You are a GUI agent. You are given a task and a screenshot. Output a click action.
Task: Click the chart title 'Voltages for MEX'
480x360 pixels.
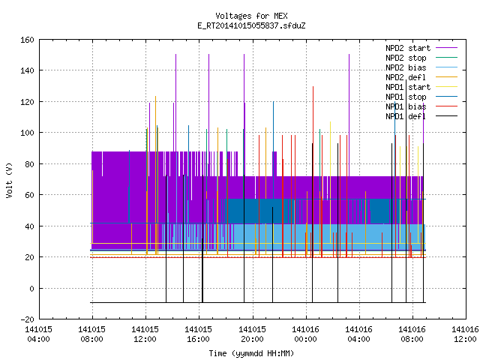point(251,16)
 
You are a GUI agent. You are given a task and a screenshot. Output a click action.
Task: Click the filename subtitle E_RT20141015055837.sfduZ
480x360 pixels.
point(251,25)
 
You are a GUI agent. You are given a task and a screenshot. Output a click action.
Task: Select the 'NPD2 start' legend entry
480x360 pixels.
point(421,48)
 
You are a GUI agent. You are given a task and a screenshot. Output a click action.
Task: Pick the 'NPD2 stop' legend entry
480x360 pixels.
point(421,58)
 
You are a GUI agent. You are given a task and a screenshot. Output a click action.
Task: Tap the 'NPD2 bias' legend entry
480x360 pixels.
point(421,67)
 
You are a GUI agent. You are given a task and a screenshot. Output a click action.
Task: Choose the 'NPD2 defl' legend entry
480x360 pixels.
point(421,77)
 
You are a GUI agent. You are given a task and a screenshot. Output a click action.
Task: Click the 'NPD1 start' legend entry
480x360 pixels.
point(421,87)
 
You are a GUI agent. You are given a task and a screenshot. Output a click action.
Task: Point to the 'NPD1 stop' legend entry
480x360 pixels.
point(421,97)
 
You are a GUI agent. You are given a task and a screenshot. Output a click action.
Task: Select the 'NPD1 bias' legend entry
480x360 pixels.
point(421,106)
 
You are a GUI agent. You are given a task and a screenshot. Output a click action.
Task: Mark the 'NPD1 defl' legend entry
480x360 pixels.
point(421,117)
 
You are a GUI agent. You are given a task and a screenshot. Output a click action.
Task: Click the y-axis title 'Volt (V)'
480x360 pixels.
point(9,180)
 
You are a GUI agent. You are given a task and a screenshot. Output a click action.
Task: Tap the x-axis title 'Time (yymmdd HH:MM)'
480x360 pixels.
point(251,353)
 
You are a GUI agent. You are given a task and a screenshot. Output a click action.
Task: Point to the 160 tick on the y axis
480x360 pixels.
point(27,40)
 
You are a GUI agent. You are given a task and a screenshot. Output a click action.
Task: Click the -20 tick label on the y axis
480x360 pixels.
point(27,319)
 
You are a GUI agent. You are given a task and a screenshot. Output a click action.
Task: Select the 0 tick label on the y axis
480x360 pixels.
point(31,288)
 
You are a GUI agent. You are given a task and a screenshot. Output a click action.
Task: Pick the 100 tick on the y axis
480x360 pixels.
point(27,133)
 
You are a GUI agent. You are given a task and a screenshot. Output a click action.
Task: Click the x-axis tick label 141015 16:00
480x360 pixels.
point(198,334)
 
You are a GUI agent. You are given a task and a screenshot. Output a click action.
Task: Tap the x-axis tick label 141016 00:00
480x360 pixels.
point(305,334)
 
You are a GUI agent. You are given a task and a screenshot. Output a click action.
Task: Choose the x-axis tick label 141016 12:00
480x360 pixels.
point(465,334)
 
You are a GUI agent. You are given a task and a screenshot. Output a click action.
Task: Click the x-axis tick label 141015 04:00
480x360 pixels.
point(38,334)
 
